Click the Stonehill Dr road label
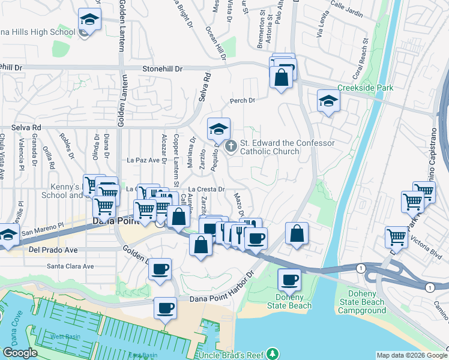162,69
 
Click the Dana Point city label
117,221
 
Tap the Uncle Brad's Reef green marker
274,352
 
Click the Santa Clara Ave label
71,266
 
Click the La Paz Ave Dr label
146,160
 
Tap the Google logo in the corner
20,353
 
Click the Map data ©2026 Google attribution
411,355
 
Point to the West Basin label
65,337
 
